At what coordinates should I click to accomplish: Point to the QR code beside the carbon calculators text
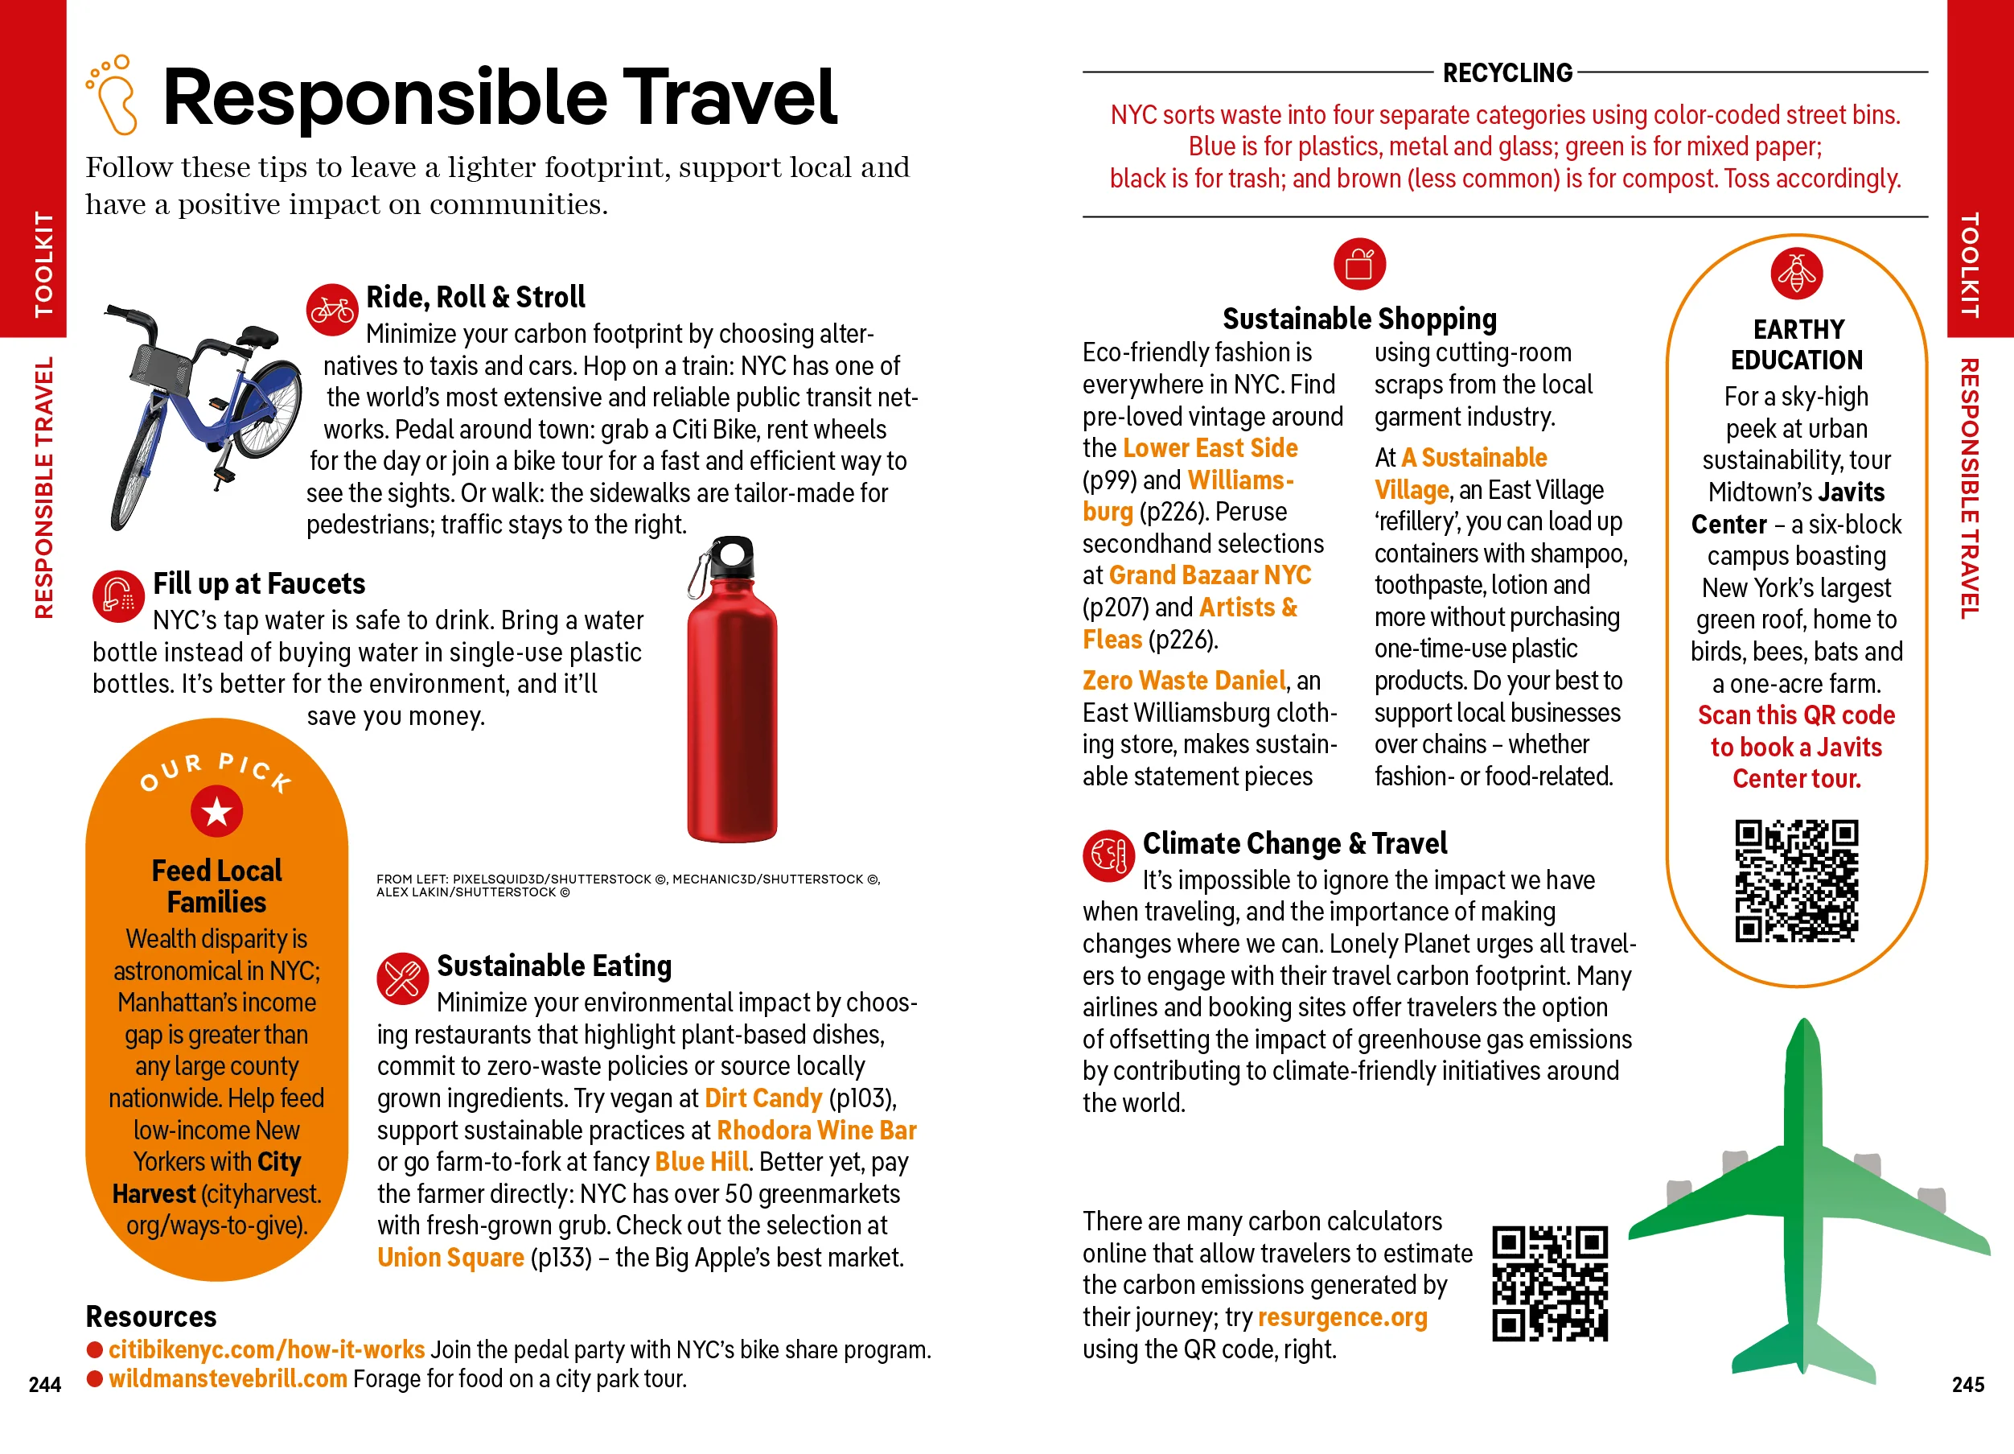tap(1550, 1283)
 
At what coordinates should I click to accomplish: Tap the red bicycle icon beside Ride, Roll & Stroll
tap(332, 310)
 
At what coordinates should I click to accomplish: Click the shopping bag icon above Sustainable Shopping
tap(1358, 264)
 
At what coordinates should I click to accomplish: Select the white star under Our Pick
tap(216, 811)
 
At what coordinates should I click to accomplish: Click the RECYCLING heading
tap(1507, 73)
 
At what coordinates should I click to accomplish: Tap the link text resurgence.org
tap(1342, 1317)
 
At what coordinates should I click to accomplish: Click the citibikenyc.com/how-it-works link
tap(266, 1349)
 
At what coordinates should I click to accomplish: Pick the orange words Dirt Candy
tap(762, 1098)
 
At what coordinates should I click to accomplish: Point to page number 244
tap(44, 1385)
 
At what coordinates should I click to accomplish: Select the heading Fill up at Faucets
tap(258, 583)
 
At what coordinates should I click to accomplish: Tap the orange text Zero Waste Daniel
tap(1184, 681)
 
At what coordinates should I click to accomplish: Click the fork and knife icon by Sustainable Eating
tap(402, 978)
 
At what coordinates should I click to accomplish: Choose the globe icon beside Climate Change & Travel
tap(1108, 855)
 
